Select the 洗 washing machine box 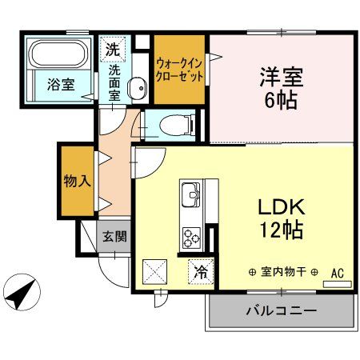pos(113,48)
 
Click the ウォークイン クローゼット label pos(180,70)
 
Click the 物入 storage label pos(76,181)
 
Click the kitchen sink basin pos(192,194)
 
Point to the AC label pos(338,272)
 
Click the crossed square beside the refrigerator pos(154,272)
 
